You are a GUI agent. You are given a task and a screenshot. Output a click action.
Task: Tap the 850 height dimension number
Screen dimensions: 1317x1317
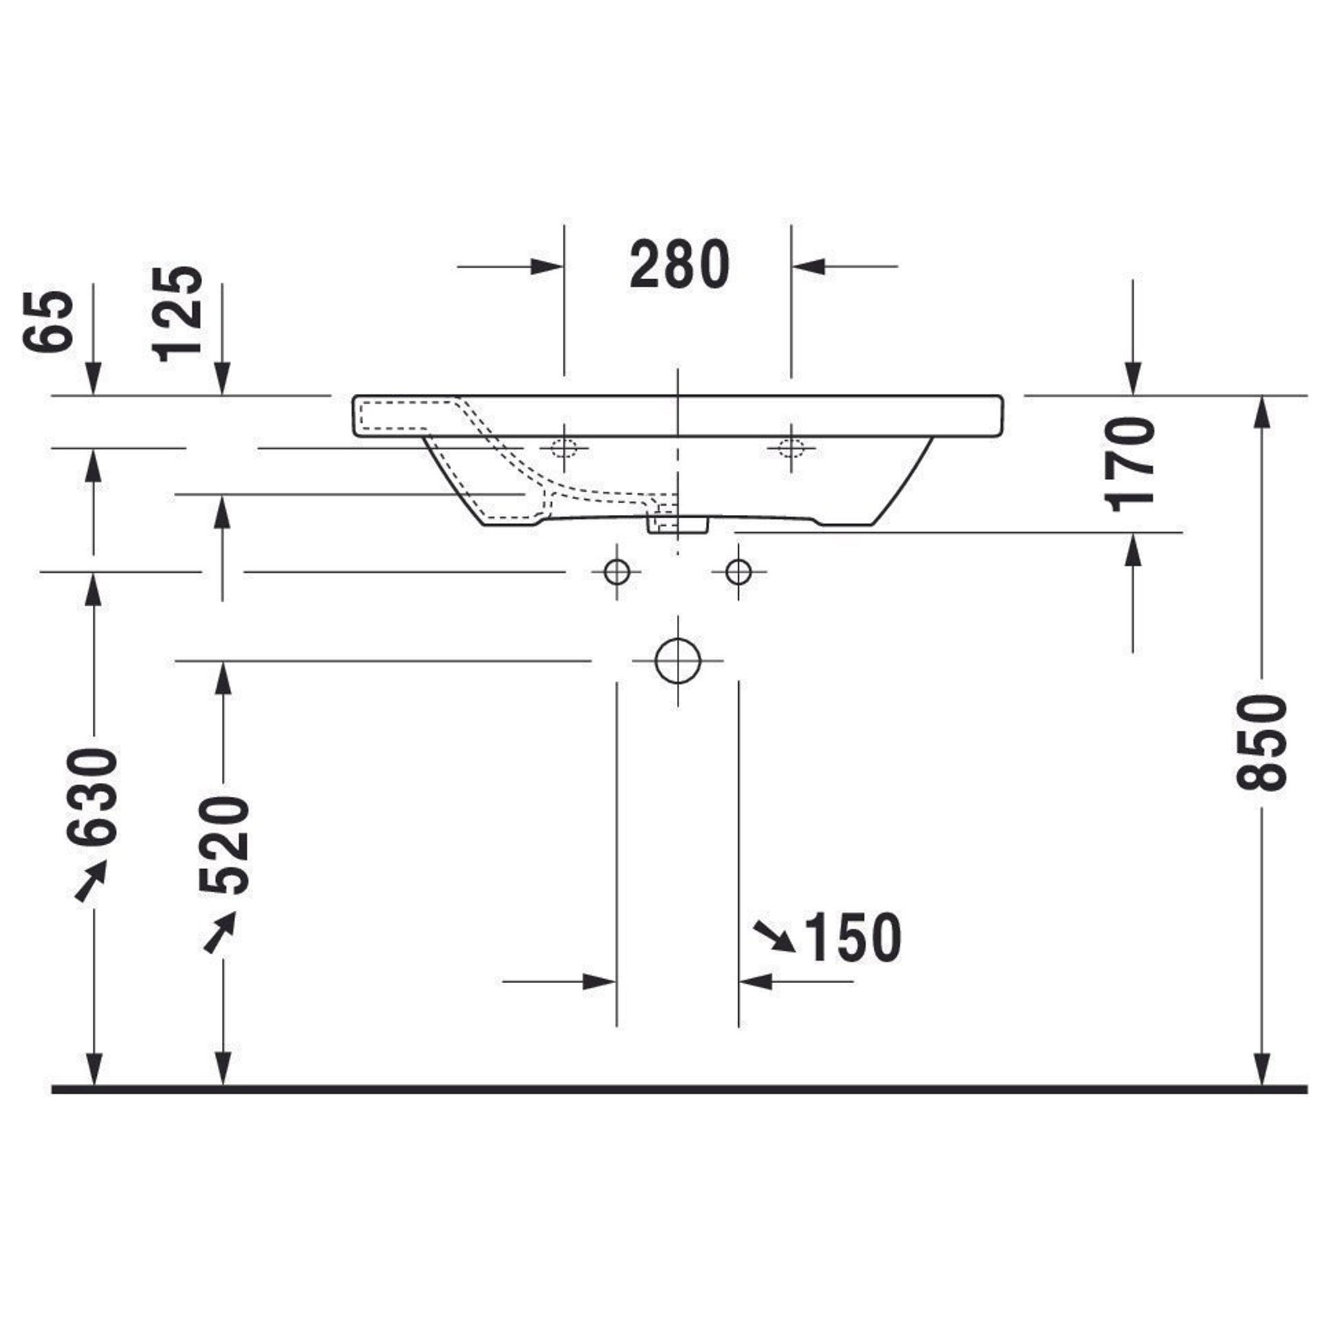tap(1260, 742)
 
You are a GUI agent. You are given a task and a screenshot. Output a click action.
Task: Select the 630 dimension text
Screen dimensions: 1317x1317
tap(93, 796)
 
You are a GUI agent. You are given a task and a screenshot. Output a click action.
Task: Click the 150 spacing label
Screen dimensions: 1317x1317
tap(853, 938)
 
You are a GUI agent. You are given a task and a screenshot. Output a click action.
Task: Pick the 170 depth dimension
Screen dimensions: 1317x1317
tap(1129, 465)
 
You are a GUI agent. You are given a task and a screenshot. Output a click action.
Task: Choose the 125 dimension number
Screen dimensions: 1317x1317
tap(178, 313)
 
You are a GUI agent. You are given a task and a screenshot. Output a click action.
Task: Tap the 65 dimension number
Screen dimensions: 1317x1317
tap(47, 321)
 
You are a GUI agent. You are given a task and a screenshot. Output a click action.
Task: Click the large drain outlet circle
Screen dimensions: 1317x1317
tap(678, 660)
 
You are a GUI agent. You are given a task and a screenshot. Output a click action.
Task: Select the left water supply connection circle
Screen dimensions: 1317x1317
tap(617, 571)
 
